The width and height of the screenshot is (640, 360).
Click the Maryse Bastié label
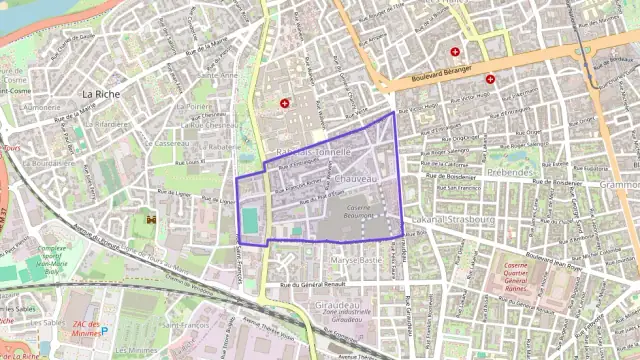356,259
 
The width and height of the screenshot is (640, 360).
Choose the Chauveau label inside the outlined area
356,178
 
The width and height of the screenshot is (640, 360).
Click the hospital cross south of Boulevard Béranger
490,79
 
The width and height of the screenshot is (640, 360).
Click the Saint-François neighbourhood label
186,325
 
